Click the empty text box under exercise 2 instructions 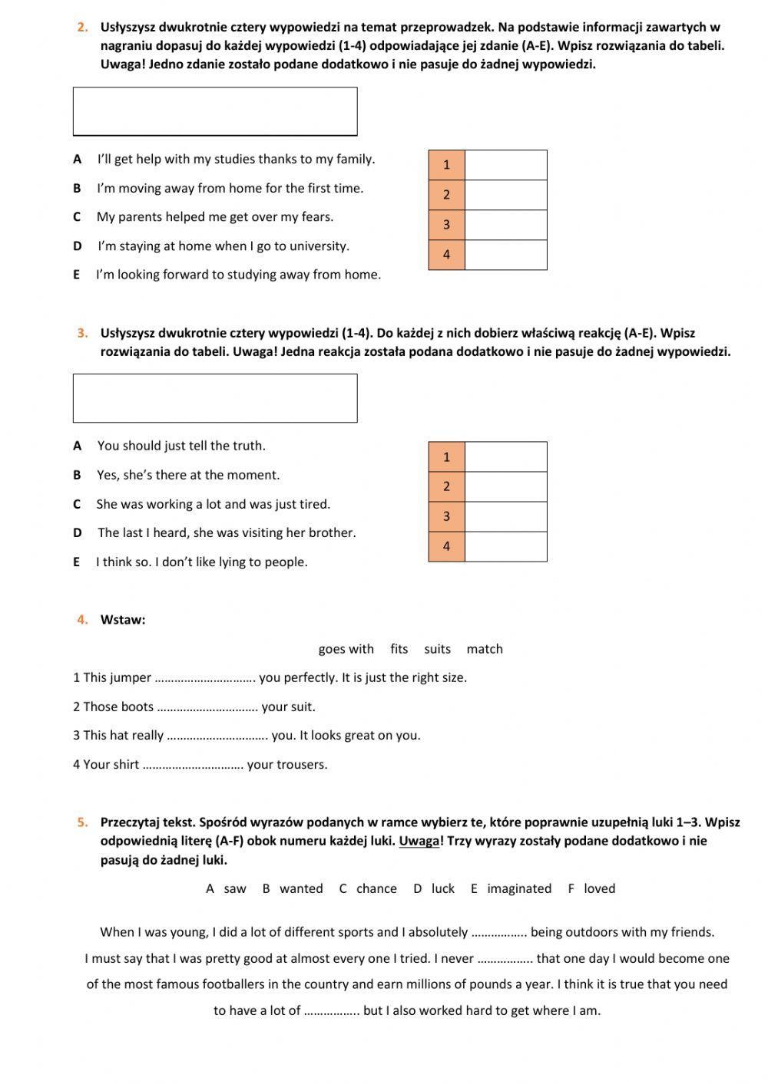click(x=215, y=111)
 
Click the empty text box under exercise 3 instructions click(x=215, y=398)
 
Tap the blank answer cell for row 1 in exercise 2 click(x=505, y=165)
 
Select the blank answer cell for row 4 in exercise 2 click(x=505, y=255)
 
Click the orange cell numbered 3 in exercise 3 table click(x=446, y=517)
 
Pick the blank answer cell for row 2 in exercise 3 click(x=505, y=487)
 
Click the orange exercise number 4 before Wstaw click(x=83, y=620)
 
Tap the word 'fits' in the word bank click(x=399, y=649)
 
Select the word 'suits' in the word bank click(x=437, y=649)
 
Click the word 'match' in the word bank click(x=485, y=649)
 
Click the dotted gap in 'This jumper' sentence click(x=205, y=679)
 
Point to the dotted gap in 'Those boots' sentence click(x=207, y=708)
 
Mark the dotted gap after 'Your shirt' click(x=193, y=766)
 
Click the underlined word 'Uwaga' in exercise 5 click(x=419, y=841)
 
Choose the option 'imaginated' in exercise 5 click(x=519, y=888)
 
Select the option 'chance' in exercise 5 click(x=376, y=888)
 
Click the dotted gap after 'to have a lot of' click(x=332, y=1012)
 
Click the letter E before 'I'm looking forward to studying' click(x=77, y=275)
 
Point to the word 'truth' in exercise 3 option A click(x=248, y=446)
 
